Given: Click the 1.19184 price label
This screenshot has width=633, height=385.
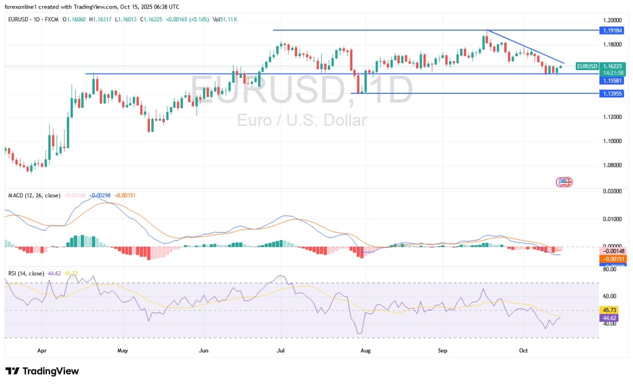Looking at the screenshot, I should click(611, 30).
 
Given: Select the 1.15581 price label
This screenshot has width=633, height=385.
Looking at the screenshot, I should click(611, 81).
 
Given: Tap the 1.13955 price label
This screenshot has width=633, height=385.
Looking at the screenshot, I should click(611, 93).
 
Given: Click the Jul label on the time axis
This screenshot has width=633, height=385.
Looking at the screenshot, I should click(281, 350).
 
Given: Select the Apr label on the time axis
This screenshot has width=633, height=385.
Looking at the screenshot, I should click(42, 350).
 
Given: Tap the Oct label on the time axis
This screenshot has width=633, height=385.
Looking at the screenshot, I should click(523, 350).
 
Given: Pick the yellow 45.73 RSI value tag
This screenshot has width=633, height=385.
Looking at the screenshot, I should click(612, 310).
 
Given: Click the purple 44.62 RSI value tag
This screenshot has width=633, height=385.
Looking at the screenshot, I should click(612, 317).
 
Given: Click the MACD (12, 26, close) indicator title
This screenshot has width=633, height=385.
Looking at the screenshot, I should click(34, 195).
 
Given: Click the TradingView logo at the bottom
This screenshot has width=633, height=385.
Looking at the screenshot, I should click(42, 371).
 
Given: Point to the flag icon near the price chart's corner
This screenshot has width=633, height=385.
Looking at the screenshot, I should click(565, 182).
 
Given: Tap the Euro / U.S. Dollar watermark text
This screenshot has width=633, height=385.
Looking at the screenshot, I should click(302, 120).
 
